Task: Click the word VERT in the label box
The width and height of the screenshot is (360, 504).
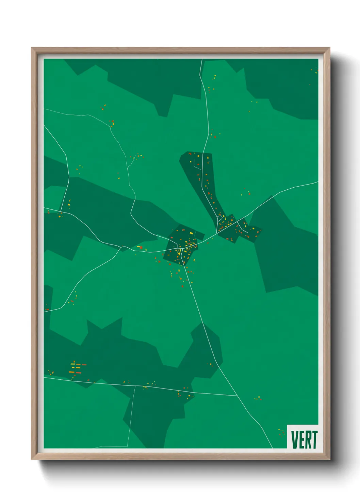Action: [304, 440]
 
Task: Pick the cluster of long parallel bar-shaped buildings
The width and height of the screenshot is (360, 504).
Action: [77, 368]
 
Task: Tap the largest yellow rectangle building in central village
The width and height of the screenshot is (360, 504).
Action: [191, 233]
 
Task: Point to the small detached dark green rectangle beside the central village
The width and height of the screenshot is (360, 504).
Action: [200, 235]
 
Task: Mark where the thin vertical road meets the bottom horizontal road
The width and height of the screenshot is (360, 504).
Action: [135, 386]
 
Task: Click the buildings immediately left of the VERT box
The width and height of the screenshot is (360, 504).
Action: [281, 432]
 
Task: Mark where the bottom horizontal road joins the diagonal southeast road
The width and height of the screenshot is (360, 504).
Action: [237, 396]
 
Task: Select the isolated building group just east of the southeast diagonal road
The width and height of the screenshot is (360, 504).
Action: [258, 398]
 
